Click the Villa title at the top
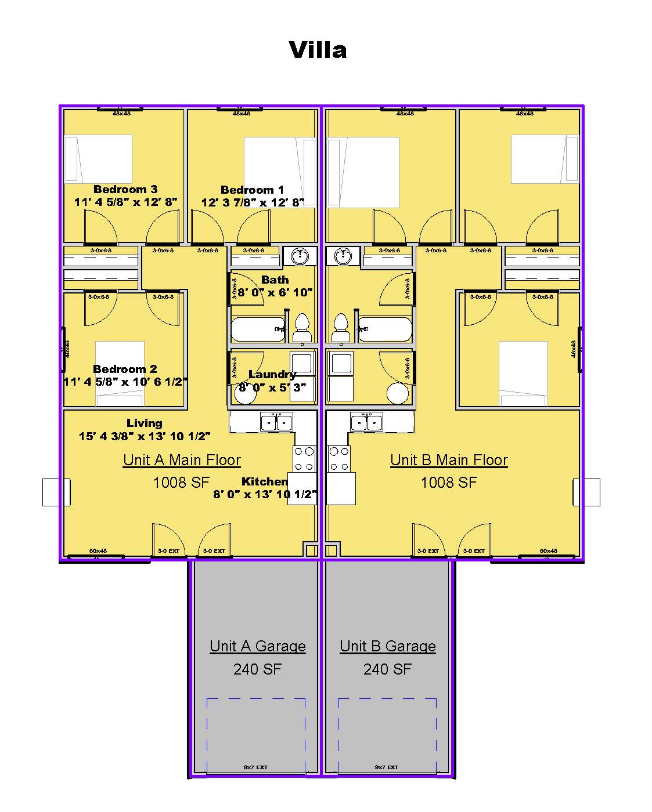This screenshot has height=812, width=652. (318, 50)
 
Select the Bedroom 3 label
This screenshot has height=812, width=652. (125, 190)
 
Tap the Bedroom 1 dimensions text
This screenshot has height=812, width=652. (253, 202)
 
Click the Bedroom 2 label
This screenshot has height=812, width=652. (125, 369)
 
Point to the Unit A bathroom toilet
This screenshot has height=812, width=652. (302, 328)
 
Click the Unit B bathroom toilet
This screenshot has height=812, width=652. (341, 328)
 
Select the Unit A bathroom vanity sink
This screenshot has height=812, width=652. (300, 255)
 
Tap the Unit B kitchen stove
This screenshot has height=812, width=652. (339, 458)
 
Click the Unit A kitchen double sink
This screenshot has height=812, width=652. (276, 422)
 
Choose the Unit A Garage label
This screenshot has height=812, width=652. (258, 646)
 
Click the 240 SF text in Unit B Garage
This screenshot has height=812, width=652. (387, 669)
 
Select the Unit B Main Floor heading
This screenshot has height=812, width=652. (449, 460)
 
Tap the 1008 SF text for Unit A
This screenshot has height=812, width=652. (181, 482)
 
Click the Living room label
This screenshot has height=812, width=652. (144, 423)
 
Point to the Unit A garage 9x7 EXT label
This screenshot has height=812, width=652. (255, 767)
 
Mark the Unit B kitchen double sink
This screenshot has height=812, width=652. (366, 422)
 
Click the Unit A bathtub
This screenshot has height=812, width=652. (258, 329)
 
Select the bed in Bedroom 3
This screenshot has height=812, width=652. (99, 158)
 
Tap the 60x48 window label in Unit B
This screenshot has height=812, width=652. (548, 551)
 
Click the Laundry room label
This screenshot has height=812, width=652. (272, 375)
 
